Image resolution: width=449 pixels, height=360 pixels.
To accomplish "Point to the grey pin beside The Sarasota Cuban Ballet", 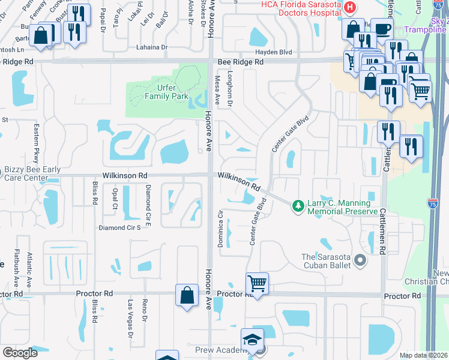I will click(360, 260).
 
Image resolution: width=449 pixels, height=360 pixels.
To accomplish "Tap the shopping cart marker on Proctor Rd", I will click(257, 283).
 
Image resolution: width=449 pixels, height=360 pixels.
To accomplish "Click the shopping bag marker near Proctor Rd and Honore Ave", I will click(187, 295).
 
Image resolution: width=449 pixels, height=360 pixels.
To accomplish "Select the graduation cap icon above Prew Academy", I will click(252, 340).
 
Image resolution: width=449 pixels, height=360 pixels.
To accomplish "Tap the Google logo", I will click(20, 353).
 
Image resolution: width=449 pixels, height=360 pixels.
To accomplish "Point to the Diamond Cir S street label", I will click(119, 228).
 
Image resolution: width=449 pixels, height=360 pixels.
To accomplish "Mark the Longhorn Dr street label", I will click(229, 90).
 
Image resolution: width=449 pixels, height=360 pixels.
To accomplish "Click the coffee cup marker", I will click(381, 29).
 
